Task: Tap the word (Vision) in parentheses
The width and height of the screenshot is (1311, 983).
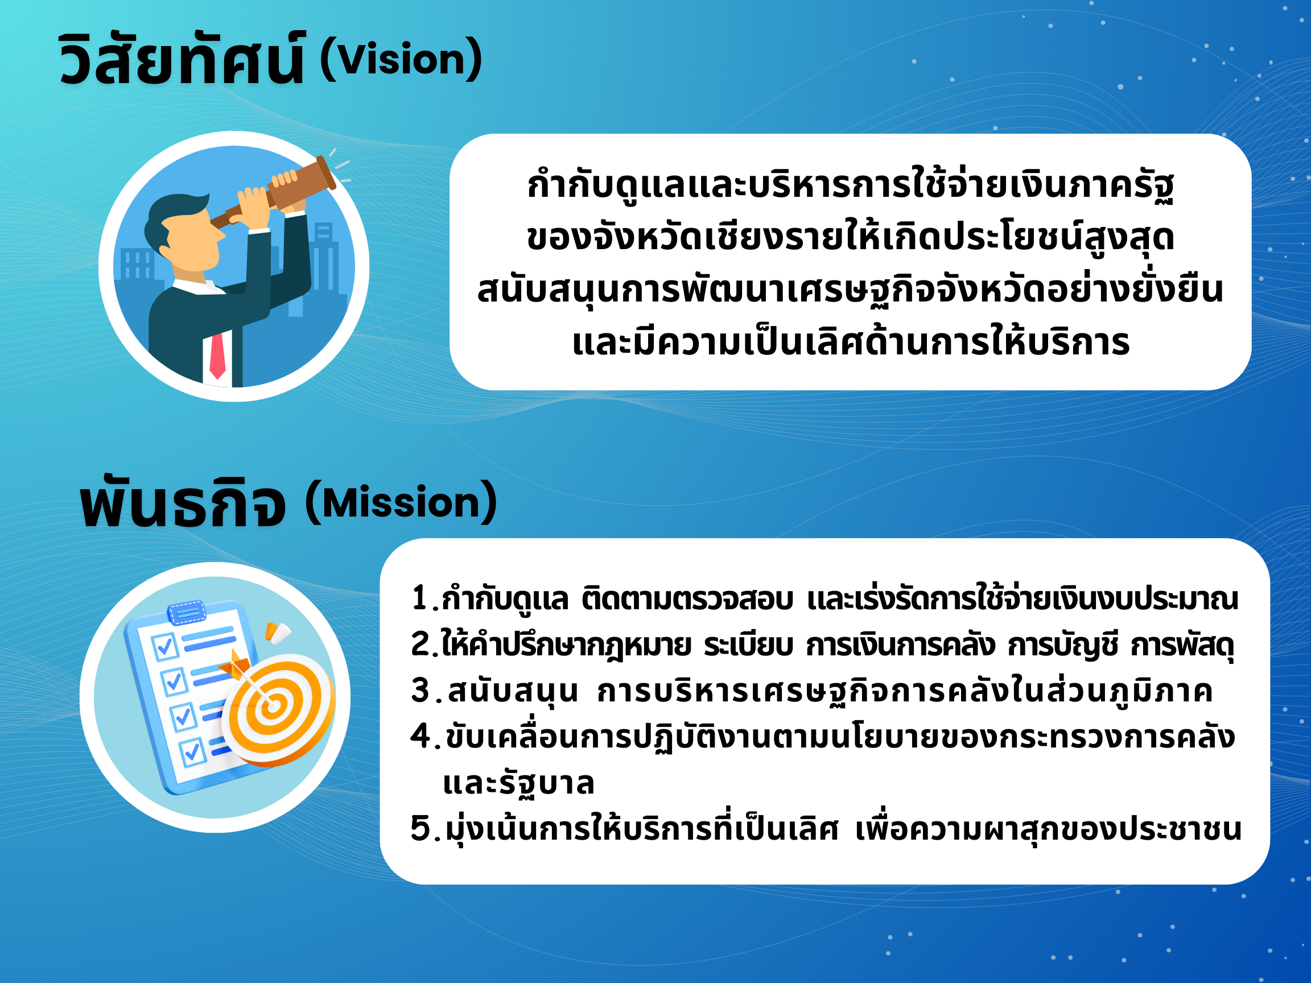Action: coord(401,59)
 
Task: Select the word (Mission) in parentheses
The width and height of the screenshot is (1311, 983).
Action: coord(401,502)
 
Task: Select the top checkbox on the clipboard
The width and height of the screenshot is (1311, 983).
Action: coord(165,646)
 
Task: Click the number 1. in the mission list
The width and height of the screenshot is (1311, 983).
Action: coord(424,598)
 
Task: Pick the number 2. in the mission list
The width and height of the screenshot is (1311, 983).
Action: coord(424,645)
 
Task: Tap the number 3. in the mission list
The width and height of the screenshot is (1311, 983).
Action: coord(427,691)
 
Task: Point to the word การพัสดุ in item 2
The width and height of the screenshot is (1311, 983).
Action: coord(1182,645)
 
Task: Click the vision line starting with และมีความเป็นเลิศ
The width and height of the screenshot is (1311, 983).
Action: coord(851,342)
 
